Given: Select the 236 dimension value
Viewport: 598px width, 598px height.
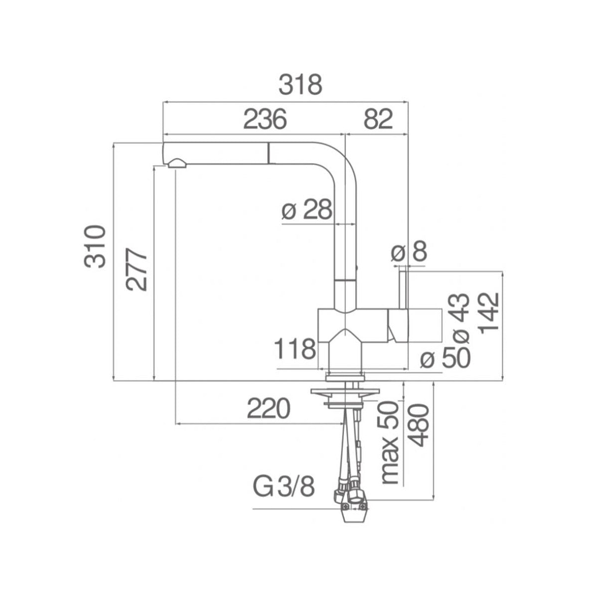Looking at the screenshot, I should [265, 119].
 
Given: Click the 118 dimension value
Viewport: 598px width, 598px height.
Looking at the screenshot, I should [296, 349].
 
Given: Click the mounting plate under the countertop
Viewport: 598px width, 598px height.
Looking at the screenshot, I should [341, 394].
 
